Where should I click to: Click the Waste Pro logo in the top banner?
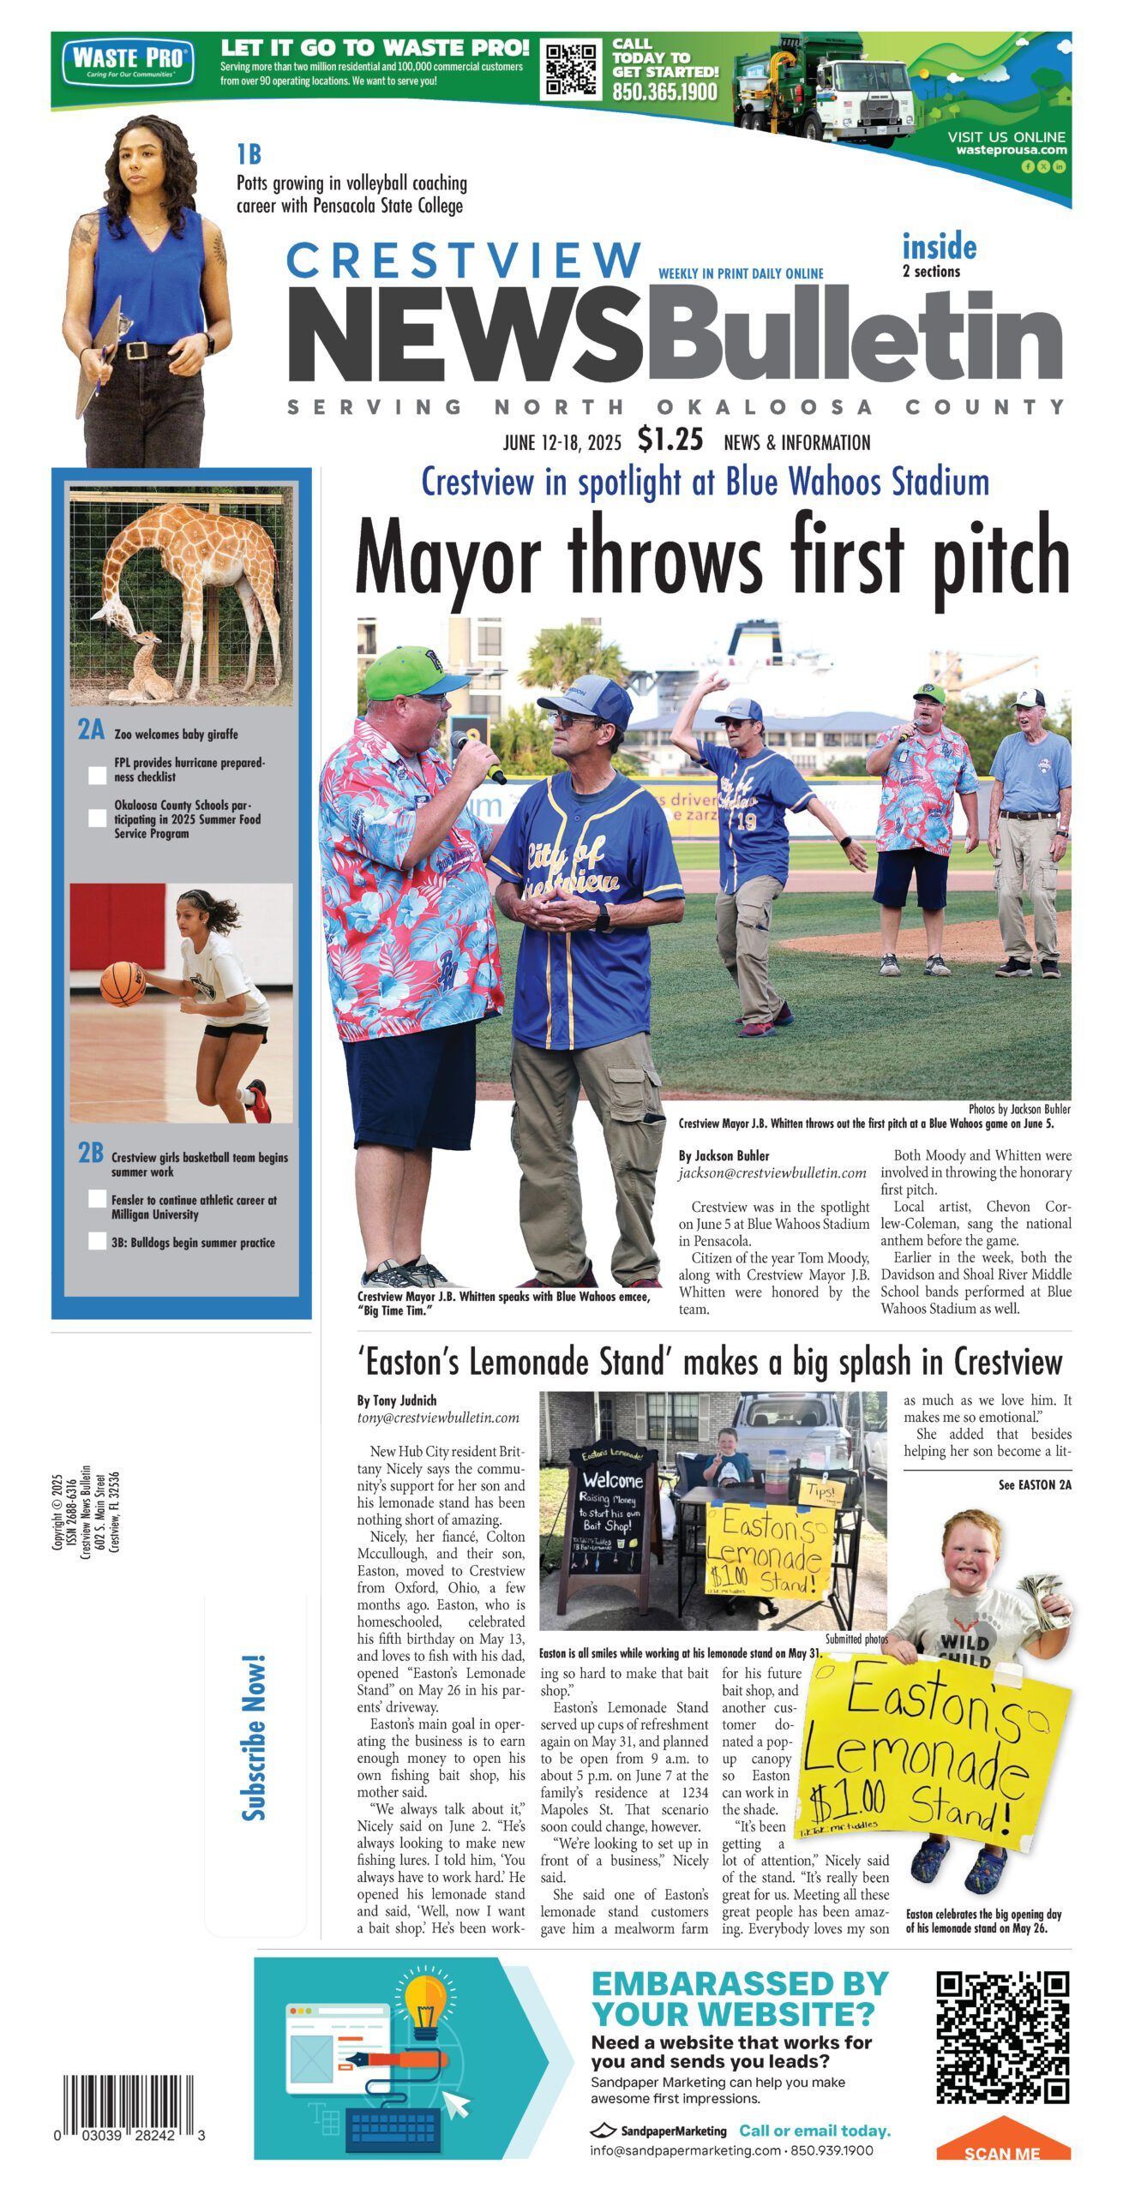point(128,60)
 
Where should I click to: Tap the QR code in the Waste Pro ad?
point(572,70)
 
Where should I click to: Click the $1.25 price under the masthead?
point(670,440)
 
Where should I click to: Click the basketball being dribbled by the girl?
point(123,983)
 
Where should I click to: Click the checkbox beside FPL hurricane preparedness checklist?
point(98,775)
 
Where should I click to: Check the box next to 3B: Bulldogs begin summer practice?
point(98,1241)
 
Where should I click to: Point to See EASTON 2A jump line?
point(1034,1485)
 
